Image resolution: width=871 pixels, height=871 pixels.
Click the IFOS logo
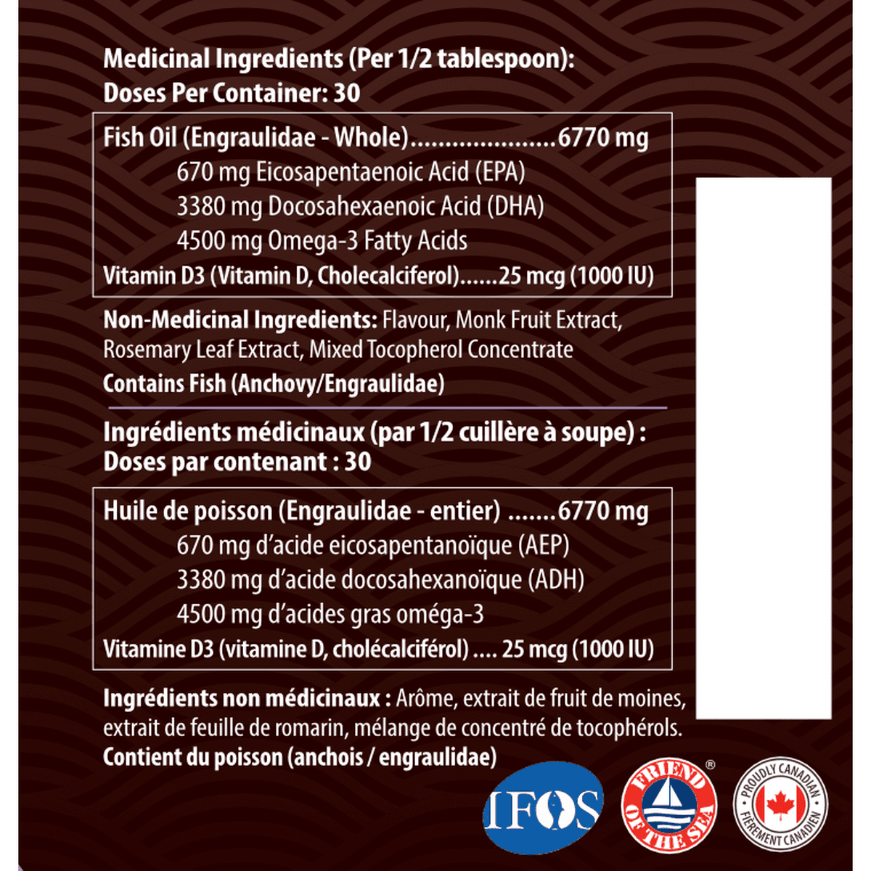click(543, 807)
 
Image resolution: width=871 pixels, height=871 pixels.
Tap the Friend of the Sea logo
click(669, 808)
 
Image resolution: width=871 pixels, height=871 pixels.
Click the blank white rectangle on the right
click(764, 447)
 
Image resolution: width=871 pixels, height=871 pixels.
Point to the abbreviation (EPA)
click(500, 172)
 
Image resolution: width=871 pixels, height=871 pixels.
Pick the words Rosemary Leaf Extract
click(201, 350)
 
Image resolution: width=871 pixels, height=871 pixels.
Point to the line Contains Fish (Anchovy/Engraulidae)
click(274, 383)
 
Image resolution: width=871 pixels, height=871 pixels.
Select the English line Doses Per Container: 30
click(232, 93)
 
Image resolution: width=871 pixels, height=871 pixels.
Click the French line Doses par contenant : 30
click(237, 462)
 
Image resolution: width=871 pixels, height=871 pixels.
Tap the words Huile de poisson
click(188, 511)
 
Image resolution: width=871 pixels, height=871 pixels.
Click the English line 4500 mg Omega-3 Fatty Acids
click(322, 241)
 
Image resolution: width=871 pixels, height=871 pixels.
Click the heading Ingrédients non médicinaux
click(242, 698)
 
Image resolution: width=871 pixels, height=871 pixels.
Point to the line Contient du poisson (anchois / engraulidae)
click(300, 757)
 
